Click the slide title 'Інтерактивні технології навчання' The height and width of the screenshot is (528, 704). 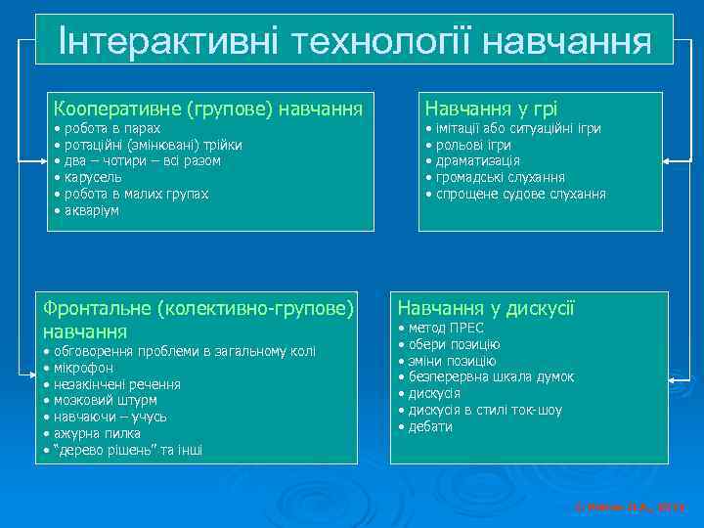(354, 40)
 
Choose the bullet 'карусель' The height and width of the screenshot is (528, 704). (93, 178)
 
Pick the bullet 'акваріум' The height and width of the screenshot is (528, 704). (91, 210)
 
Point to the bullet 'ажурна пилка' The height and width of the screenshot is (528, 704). (97, 433)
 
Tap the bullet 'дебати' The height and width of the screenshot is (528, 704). (430, 427)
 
